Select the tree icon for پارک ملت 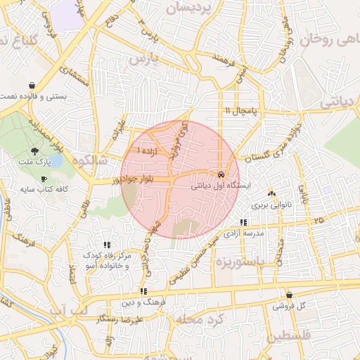pyautogui.click(x=35, y=151)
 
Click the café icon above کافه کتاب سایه pyautogui.click(x=44, y=179)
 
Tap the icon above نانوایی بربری pyautogui.click(x=272, y=193)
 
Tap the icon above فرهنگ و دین pyautogui.click(x=143, y=290)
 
